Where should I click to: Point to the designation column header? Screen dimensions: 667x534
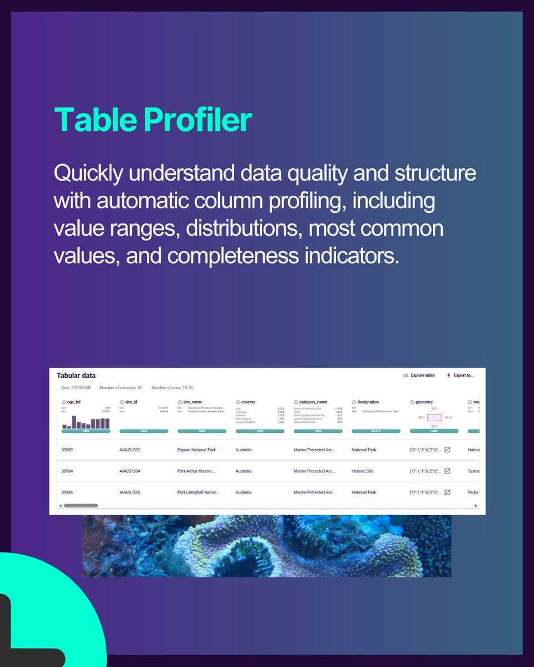(x=368, y=402)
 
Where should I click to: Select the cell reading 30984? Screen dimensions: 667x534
(x=67, y=471)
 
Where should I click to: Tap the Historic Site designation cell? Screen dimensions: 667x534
(x=363, y=471)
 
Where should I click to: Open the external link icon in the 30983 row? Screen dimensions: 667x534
(x=447, y=450)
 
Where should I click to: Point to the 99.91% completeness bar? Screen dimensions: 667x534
(x=376, y=431)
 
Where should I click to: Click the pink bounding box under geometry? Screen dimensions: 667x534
(x=434, y=417)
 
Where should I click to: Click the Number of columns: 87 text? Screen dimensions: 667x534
(x=121, y=387)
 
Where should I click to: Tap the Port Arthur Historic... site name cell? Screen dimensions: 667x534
(x=196, y=471)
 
